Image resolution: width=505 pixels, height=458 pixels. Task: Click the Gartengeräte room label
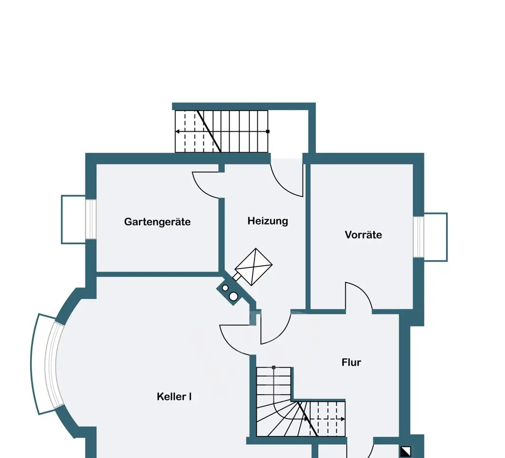click(x=157, y=222)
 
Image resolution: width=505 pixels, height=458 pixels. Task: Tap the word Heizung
click(x=268, y=221)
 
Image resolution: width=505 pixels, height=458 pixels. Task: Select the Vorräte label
click(x=364, y=234)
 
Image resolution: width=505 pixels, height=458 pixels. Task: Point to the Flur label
click(x=351, y=362)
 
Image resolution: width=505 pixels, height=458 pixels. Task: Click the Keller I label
click(x=174, y=396)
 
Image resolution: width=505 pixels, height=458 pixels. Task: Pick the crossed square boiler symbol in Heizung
click(x=254, y=267)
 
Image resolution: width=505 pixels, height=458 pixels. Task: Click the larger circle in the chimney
click(x=233, y=296)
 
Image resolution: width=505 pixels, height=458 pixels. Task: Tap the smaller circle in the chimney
click(x=225, y=288)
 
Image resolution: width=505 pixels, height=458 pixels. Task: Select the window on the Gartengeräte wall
click(x=91, y=219)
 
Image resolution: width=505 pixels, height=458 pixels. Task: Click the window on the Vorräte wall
click(x=418, y=237)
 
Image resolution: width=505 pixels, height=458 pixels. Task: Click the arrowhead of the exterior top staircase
click(x=177, y=132)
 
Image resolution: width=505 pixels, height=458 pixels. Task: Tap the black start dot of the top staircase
click(x=268, y=132)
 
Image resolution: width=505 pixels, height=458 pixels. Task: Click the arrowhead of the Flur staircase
click(x=343, y=419)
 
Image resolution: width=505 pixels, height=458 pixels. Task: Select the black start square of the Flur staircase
click(x=273, y=367)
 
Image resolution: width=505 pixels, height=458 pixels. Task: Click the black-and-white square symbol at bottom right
click(x=405, y=451)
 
